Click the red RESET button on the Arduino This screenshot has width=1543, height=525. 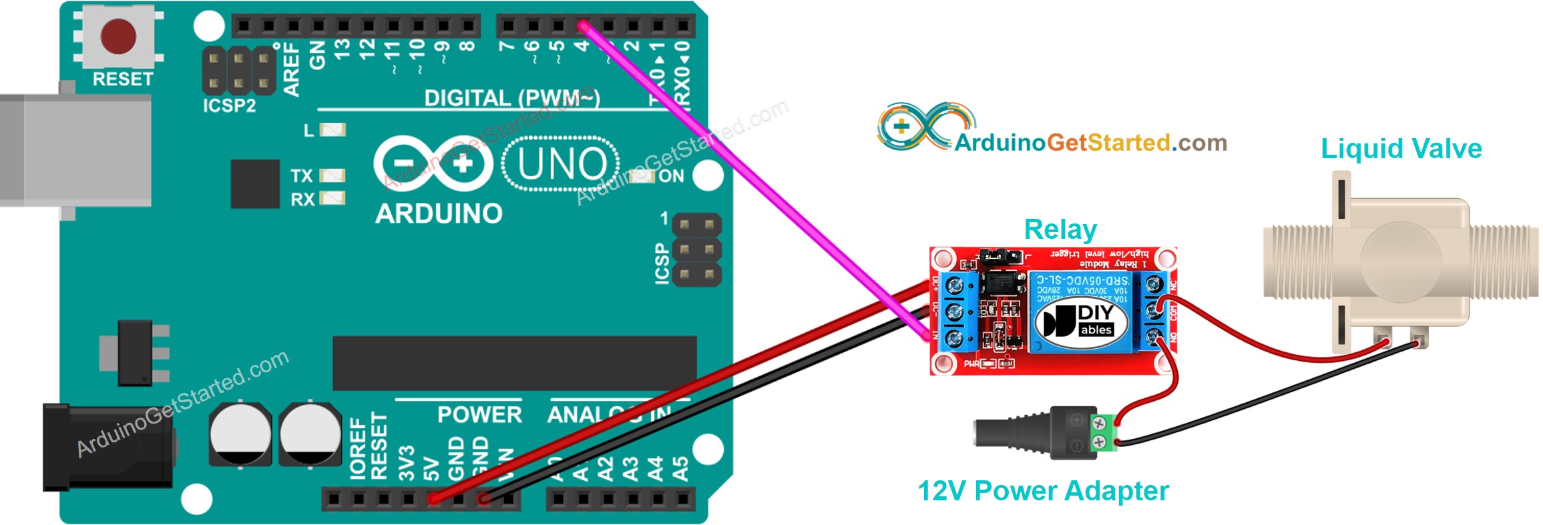point(118,35)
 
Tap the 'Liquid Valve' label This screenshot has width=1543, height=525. point(1401,149)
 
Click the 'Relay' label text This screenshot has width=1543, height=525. point(1060,230)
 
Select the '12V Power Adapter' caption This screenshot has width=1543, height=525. point(1043,491)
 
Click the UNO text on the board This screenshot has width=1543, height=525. point(562,164)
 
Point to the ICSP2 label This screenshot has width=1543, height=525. point(229,105)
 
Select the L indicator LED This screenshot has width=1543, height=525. point(332,129)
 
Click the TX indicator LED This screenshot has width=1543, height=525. point(332,175)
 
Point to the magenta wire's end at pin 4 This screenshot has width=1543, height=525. point(583,27)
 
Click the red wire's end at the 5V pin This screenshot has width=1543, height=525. point(434,498)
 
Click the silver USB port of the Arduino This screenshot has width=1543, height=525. point(73,150)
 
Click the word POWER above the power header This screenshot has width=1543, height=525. point(479,415)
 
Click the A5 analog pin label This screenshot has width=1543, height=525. point(680,468)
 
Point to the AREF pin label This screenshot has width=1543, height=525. point(291,69)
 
